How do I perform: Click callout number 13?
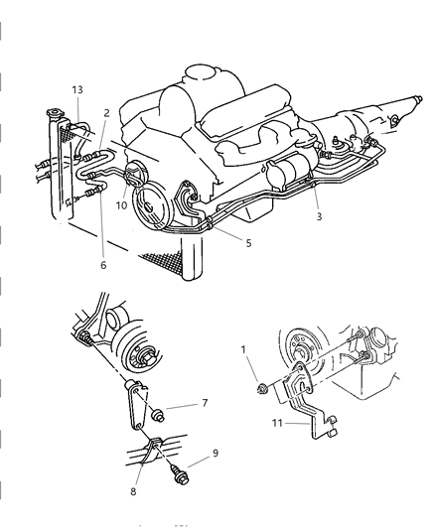pyautogui.click(x=75, y=89)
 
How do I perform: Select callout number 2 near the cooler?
pyautogui.click(x=104, y=115)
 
